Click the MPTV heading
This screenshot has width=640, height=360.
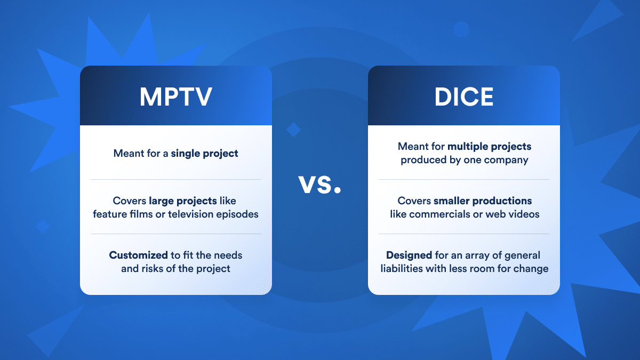(176, 96)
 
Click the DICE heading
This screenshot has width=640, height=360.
(463, 96)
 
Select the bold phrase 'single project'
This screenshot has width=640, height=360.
(205, 153)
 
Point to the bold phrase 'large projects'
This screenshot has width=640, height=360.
(183, 201)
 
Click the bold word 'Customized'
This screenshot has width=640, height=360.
(138, 255)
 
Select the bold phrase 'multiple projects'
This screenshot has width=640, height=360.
(489, 146)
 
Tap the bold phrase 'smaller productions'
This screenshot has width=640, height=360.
(482, 201)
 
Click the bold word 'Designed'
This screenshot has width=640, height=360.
(409, 255)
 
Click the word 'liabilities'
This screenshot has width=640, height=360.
(401, 268)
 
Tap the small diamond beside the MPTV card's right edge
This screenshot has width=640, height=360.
(293, 129)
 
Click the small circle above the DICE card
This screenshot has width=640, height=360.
(460, 29)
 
